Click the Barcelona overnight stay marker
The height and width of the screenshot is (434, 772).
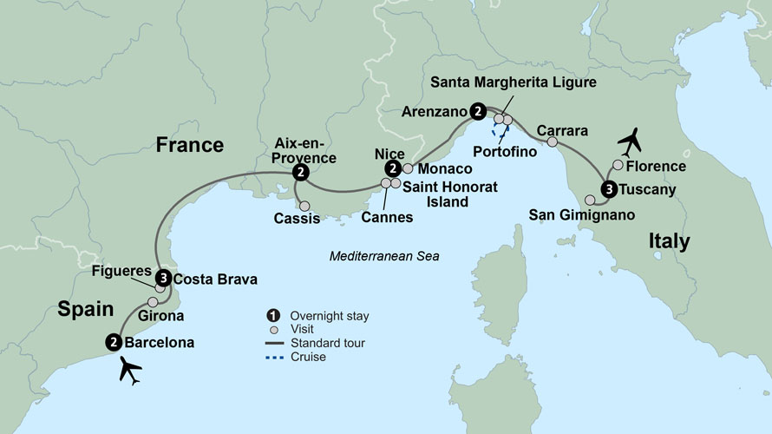pyautogui.click(x=113, y=342)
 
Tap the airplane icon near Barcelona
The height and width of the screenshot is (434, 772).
pyautogui.click(x=130, y=372)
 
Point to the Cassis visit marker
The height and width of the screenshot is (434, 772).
pyautogui.click(x=304, y=207)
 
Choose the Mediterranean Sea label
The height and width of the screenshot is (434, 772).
pyautogui.click(x=384, y=257)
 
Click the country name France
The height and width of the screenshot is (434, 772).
pyautogui.click(x=189, y=144)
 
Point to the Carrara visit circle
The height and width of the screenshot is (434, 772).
pyautogui.click(x=552, y=141)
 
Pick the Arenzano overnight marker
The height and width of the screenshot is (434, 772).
pyautogui.click(x=476, y=111)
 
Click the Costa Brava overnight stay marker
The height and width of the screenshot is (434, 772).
pyautogui.click(x=162, y=279)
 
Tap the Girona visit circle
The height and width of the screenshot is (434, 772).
pyautogui.click(x=153, y=302)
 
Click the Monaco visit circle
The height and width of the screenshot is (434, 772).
pyautogui.click(x=408, y=168)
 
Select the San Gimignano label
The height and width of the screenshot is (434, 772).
pyautogui.click(x=581, y=214)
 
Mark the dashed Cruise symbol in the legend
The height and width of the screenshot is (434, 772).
pyautogui.click(x=274, y=357)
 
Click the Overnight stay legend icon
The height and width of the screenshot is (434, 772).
pyautogui.click(x=274, y=315)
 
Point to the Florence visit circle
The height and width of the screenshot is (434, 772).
pyautogui.click(x=618, y=165)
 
